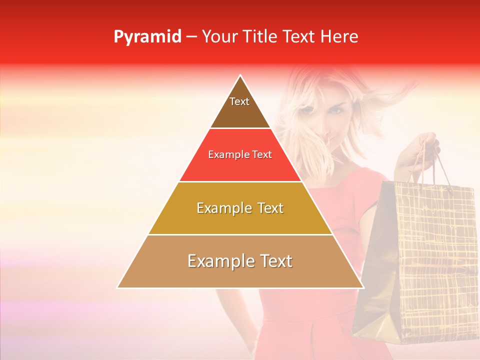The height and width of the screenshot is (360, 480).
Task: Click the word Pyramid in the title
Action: coord(147,37)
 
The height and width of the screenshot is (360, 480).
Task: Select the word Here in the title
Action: coord(339,37)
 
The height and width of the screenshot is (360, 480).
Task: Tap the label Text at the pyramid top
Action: coord(239,102)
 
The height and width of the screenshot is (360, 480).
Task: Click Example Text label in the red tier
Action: coord(240,154)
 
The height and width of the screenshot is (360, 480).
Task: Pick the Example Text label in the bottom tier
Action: coord(240,261)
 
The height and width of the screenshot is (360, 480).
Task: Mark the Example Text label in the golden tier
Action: coord(240,208)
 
